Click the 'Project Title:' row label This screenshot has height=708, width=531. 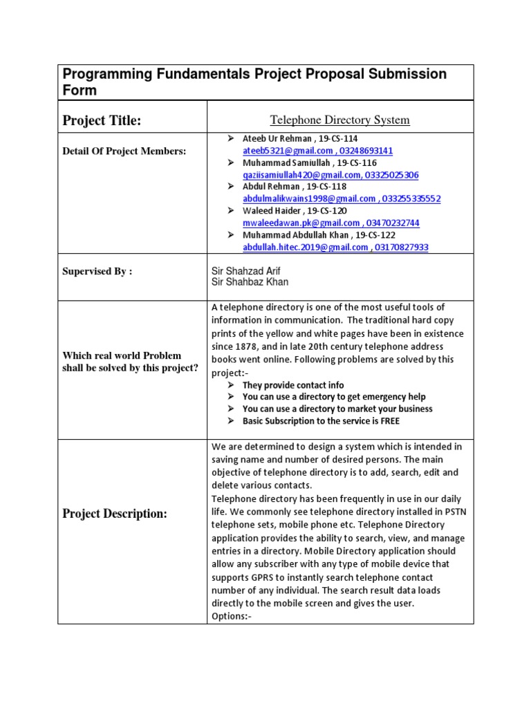pyautogui.click(x=102, y=121)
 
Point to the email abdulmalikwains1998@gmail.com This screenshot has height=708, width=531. pyautogui.click(x=308, y=199)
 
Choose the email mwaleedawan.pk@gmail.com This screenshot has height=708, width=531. pyautogui.click(x=301, y=223)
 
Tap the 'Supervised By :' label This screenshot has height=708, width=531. pyautogui.click(x=97, y=272)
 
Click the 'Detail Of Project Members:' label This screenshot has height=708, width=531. pyautogui.click(x=124, y=151)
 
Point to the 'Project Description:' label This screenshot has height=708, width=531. pyautogui.click(x=115, y=514)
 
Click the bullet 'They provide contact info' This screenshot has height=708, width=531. pyautogui.click(x=292, y=385)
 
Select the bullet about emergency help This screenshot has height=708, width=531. pyautogui.click(x=334, y=397)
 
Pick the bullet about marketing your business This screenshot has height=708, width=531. pyautogui.click(x=337, y=409)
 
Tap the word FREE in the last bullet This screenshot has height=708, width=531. pyautogui.click(x=389, y=420)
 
